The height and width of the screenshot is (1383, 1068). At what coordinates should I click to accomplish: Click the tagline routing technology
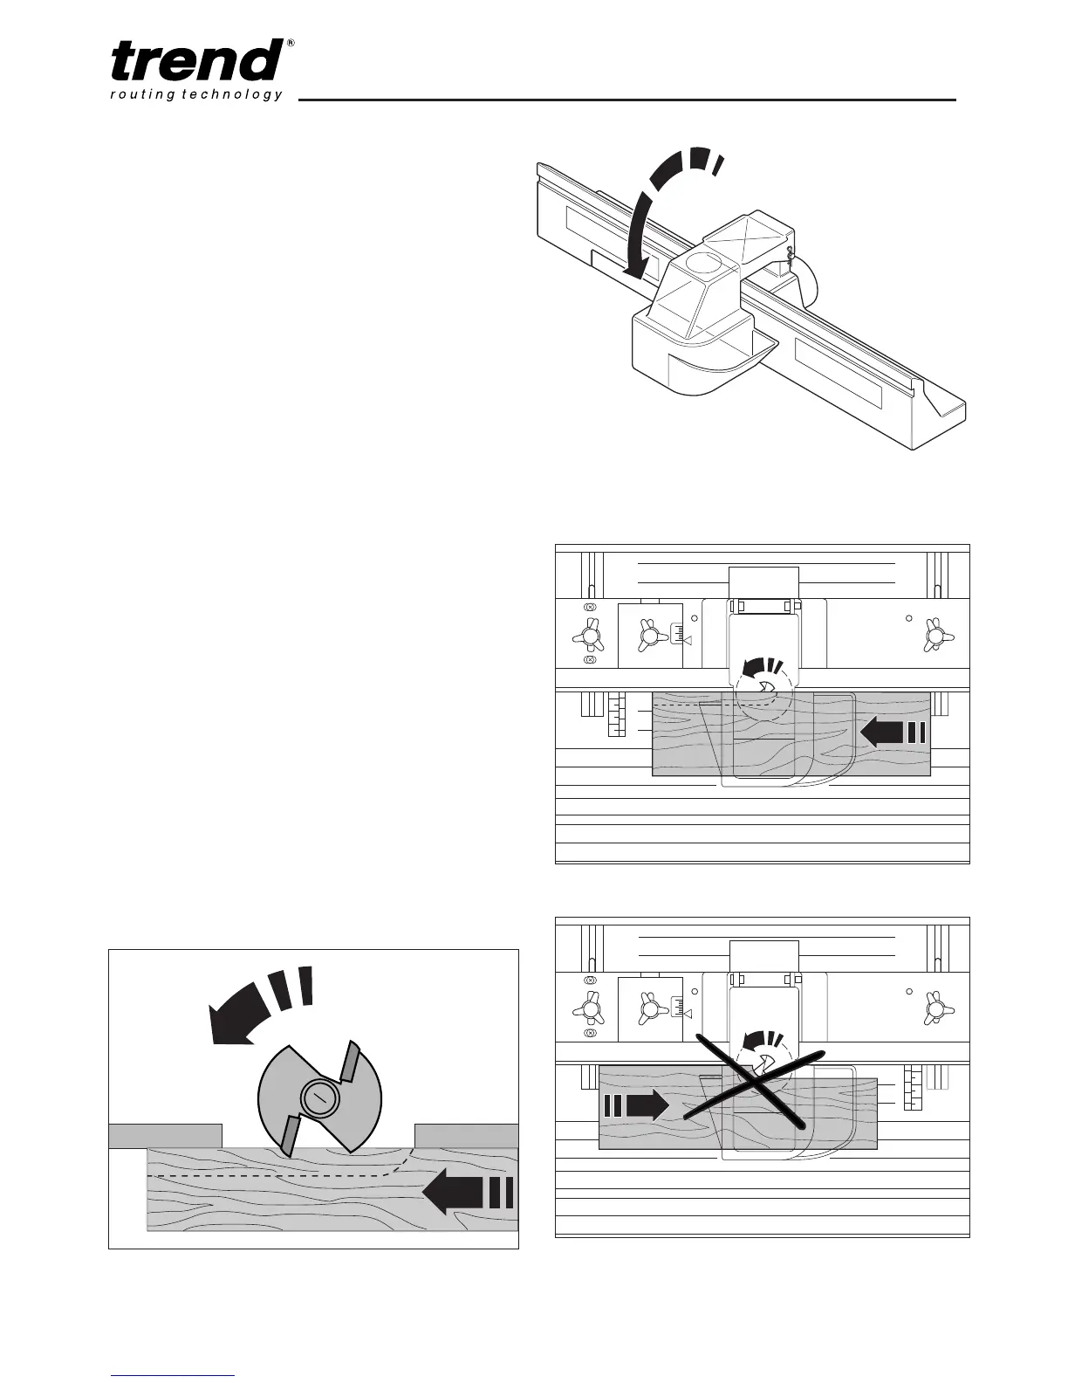click(x=197, y=95)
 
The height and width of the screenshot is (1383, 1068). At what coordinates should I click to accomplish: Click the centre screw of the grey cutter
click(x=318, y=1098)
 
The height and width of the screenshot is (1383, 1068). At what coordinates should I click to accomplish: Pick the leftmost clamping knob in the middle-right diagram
click(x=590, y=635)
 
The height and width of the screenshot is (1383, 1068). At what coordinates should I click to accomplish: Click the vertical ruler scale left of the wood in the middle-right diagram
click(x=617, y=715)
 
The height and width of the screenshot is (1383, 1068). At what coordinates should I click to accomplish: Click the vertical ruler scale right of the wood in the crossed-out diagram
click(x=913, y=1088)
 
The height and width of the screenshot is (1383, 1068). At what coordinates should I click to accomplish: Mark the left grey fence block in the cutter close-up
click(x=164, y=1135)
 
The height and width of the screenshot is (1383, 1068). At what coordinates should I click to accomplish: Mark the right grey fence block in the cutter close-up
click(x=466, y=1135)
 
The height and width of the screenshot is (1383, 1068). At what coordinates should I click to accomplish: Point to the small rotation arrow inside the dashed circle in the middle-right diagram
click(x=754, y=673)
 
